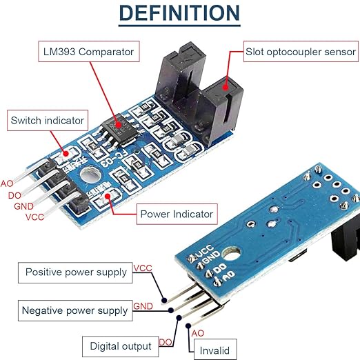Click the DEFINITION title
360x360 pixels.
click(x=179, y=13)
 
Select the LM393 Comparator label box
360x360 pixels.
click(x=89, y=52)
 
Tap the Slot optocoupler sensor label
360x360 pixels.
click(x=301, y=52)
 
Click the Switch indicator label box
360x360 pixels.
click(x=48, y=121)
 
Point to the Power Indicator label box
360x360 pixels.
click(x=177, y=214)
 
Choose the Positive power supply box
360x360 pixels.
click(x=75, y=272)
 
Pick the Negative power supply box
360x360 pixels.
click(x=75, y=310)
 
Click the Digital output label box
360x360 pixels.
click(x=121, y=346)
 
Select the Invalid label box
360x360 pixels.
click(x=215, y=350)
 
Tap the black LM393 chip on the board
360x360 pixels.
click(x=119, y=130)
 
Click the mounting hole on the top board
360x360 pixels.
click(x=90, y=175)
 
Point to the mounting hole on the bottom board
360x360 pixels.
click(x=231, y=254)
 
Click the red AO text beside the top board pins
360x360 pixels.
click(x=7, y=183)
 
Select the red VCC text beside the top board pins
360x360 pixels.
click(x=34, y=217)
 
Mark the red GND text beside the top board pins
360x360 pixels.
click(x=23, y=206)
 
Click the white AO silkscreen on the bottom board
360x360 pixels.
click(x=229, y=275)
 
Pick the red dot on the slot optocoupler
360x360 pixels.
click(x=226, y=87)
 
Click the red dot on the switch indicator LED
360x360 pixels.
click(x=66, y=153)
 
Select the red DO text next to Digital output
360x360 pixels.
click(x=166, y=343)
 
